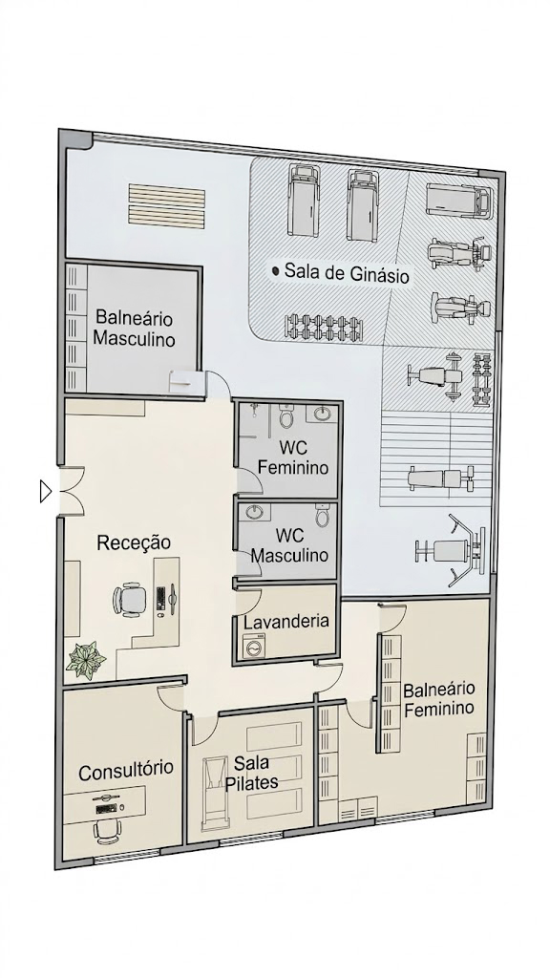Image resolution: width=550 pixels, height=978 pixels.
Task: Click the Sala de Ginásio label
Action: [x=348, y=274]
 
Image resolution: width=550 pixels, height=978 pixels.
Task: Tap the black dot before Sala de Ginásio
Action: [x=276, y=272]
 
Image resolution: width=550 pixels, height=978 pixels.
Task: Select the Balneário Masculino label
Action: [x=134, y=328]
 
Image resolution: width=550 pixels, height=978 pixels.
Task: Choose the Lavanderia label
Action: [x=286, y=621]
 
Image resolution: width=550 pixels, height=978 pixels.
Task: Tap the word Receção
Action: [x=134, y=542]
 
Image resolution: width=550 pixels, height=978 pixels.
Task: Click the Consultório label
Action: [x=126, y=769]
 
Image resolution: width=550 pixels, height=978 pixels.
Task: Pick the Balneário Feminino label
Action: [x=438, y=698]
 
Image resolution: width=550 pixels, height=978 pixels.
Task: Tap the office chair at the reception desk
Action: [x=127, y=600]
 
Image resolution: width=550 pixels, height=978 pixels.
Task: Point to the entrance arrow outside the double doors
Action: [x=44, y=492]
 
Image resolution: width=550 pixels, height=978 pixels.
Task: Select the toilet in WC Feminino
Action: [x=286, y=416]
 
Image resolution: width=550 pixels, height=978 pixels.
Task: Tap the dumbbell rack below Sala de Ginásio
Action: [x=328, y=326]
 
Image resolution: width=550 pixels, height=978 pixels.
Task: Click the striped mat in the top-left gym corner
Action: [x=166, y=204]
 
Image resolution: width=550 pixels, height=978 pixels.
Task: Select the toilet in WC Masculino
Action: [x=323, y=517]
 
